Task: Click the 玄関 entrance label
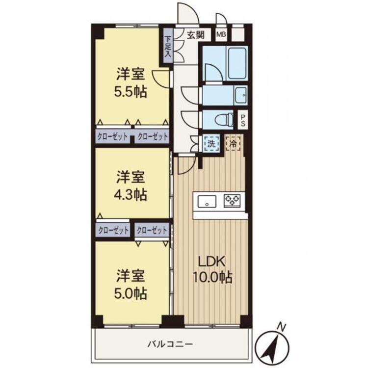(x=196, y=35)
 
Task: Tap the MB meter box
(x=221, y=35)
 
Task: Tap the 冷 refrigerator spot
(x=233, y=143)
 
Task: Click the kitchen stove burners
(x=232, y=200)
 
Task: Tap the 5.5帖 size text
(x=131, y=92)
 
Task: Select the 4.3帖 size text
(x=131, y=193)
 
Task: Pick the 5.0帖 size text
(x=131, y=293)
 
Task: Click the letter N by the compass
(x=281, y=326)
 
